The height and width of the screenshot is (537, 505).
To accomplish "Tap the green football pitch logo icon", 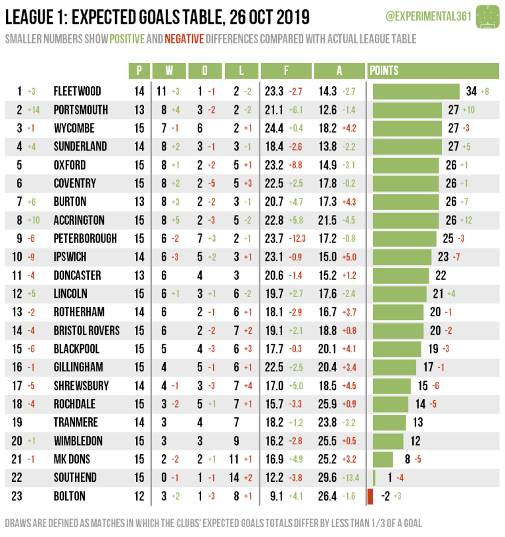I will tap(487, 15).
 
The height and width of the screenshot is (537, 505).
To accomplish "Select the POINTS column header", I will tap(384, 70).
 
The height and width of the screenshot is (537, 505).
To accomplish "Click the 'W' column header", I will tap(170, 70).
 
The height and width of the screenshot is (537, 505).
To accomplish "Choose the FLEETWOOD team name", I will tap(77, 91).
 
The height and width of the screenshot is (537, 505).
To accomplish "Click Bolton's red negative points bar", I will tap(370, 496).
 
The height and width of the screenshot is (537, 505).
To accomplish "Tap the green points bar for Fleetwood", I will tap(416, 91).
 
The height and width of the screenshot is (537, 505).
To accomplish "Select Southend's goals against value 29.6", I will tap(327, 477).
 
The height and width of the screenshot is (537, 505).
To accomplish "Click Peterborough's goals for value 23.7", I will tap(274, 239).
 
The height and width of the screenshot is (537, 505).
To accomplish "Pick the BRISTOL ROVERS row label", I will tap(86, 331).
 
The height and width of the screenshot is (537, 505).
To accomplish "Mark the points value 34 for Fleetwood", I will tap(471, 91).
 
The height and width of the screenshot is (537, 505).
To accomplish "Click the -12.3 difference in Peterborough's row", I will tap(297, 239).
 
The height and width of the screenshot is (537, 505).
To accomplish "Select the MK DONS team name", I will tap(72, 459).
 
